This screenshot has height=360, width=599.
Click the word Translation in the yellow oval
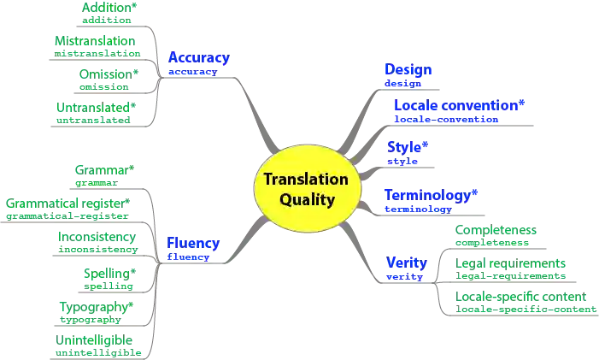pyautogui.click(x=305, y=180)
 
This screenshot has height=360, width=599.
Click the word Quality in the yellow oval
pyautogui.click(x=307, y=200)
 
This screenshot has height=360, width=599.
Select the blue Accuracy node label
pyautogui.click(x=199, y=58)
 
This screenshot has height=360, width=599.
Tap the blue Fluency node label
pyautogui.click(x=194, y=242)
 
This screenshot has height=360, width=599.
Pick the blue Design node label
pyautogui.click(x=409, y=68)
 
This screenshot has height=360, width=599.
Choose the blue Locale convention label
pyautogui.click(x=458, y=106)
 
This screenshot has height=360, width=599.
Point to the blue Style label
pyautogui.click(x=408, y=145)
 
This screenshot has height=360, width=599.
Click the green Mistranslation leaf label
pyautogui.click(x=95, y=40)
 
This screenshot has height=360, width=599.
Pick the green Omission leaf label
pyautogui.click(x=107, y=74)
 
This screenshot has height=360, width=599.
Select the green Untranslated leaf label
pyautogui.click(x=94, y=108)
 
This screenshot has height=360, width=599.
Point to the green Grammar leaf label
pyautogui.click(x=106, y=170)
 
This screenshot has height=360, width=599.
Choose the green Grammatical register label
pyautogui.click(x=68, y=204)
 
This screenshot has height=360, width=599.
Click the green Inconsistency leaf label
pyautogui.click(x=97, y=238)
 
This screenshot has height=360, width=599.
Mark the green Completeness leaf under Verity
pyautogui.click(x=495, y=231)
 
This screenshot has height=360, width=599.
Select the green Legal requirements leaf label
pyautogui.click(x=511, y=264)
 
